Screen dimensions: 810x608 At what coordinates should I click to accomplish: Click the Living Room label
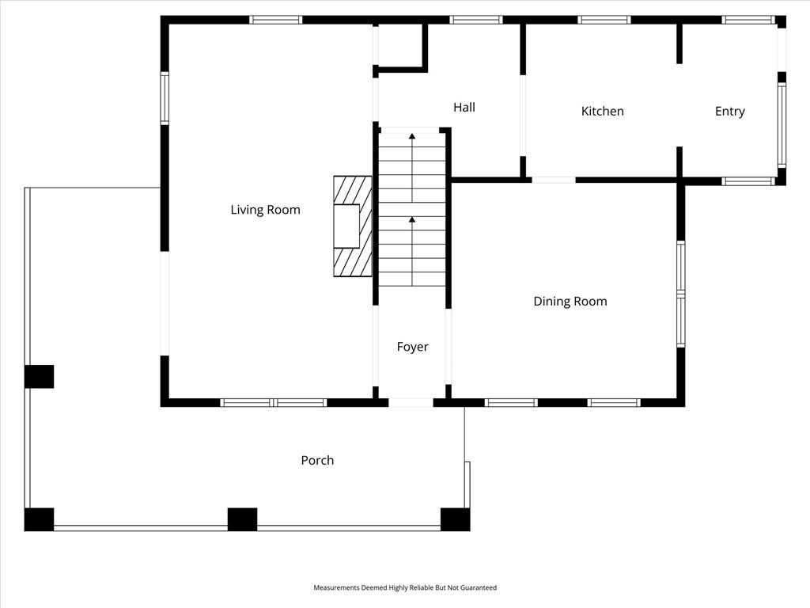click(265, 210)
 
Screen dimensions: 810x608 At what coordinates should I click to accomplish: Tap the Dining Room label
click(570, 302)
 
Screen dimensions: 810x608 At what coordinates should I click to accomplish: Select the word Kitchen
click(602, 111)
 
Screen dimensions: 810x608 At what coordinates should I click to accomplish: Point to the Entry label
click(729, 112)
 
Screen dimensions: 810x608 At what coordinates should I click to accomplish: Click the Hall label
click(464, 107)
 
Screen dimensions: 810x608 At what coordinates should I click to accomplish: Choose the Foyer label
click(412, 347)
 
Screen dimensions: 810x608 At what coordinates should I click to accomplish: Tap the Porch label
click(317, 460)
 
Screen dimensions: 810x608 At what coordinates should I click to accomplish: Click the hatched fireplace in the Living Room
click(352, 226)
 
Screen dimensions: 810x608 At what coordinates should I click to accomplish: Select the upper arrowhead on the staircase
click(411, 136)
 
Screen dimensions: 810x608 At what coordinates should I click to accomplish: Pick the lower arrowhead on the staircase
click(411, 220)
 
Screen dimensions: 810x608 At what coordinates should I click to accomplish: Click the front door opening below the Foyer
click(411, 403)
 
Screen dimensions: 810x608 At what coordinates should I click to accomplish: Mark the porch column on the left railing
click(40, 376)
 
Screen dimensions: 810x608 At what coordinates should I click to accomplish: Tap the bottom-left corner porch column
click(40, 519)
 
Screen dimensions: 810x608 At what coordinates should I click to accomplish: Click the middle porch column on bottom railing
click(242, 519)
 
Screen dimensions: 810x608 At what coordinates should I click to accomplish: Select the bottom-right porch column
click(455, 519)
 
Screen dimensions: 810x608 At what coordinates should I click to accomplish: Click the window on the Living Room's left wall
click(165, 97)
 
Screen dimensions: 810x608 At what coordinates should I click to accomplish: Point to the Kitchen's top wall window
click(604, 20)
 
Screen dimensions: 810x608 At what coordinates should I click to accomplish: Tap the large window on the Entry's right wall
click(782, 124)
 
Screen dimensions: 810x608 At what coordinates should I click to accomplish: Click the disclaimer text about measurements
click(405, 588)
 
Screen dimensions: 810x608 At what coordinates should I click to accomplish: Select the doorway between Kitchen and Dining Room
click(553, 180)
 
